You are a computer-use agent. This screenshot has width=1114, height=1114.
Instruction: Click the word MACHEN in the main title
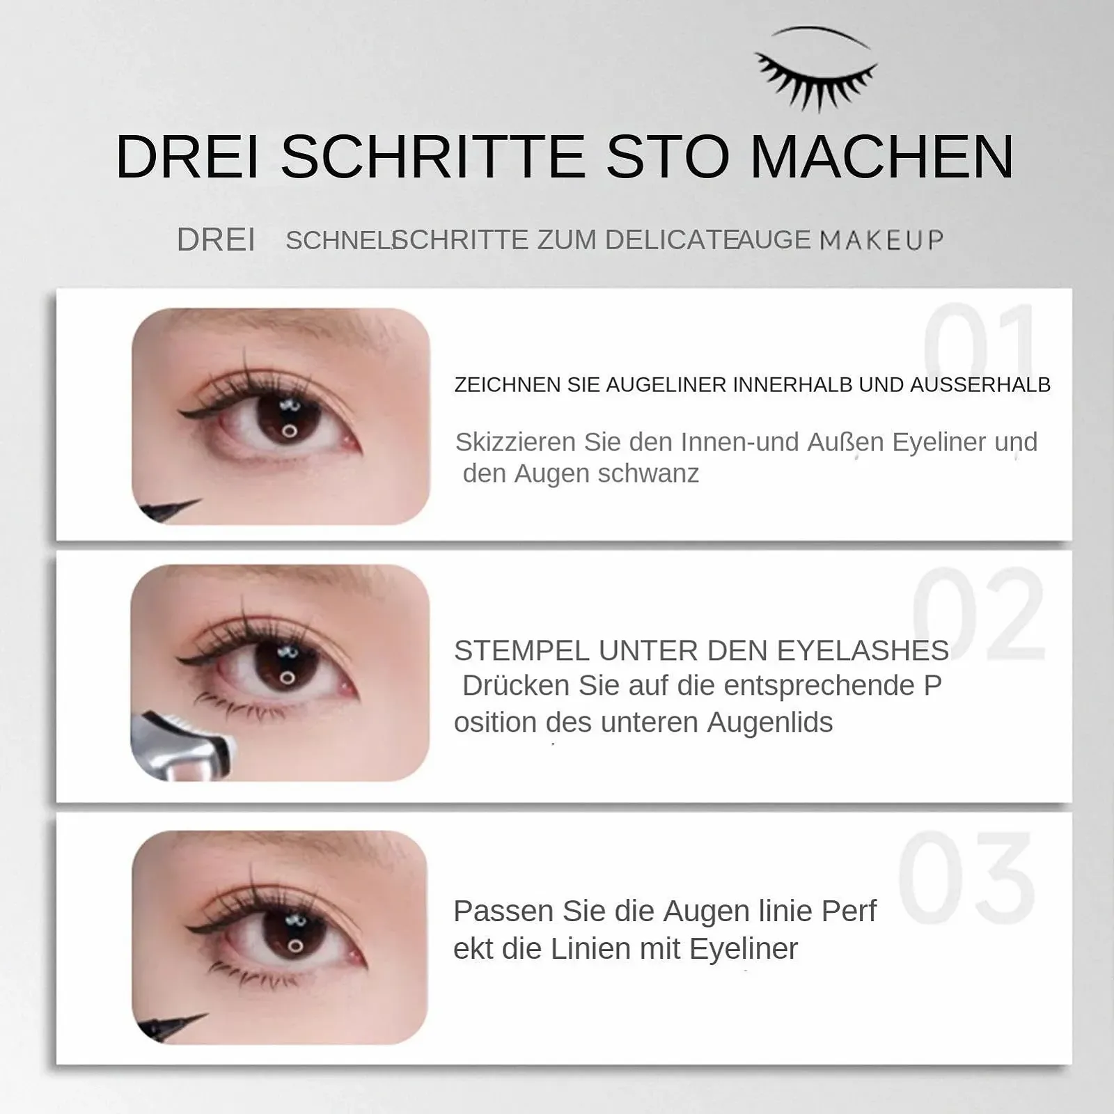point(882,157)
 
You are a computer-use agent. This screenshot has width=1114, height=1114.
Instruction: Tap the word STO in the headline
point(668,157)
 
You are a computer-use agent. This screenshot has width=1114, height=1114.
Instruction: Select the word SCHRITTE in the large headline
point(433,157)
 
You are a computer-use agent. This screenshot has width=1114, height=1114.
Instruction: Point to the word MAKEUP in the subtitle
point(882,240)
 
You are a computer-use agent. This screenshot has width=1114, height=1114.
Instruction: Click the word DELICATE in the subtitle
point(671,240)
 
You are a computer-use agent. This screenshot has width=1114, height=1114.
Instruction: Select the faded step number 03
point(966,877)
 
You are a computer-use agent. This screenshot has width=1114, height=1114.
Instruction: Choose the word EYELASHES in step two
point(863,651)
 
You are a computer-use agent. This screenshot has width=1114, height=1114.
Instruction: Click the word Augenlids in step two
point(770,723)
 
